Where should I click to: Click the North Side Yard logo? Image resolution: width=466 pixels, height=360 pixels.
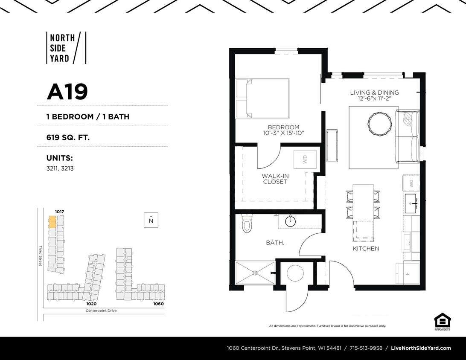coord(66,48)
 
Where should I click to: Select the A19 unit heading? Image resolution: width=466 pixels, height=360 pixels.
coord(67,92)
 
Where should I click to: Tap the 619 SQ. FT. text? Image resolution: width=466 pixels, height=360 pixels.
coord(68,137)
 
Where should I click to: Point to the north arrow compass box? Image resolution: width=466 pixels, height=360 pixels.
coord(151,220)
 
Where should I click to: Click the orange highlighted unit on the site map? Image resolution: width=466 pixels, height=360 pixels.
coord(52,222)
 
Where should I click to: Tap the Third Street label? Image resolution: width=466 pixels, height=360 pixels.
coord(41,256)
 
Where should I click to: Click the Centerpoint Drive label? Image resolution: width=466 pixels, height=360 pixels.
coord(101,311)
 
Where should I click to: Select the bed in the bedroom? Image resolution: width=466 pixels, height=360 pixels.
coord(262,98)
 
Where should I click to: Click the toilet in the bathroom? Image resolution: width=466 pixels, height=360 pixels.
coord(247,224)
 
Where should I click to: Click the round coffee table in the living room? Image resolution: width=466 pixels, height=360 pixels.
coord(379,124)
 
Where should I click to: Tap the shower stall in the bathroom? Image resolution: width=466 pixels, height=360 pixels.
coord(255,273)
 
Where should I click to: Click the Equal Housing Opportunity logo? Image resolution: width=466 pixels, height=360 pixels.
coord(442,321)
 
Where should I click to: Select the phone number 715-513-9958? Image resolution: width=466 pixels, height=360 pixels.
coord(366,348)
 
